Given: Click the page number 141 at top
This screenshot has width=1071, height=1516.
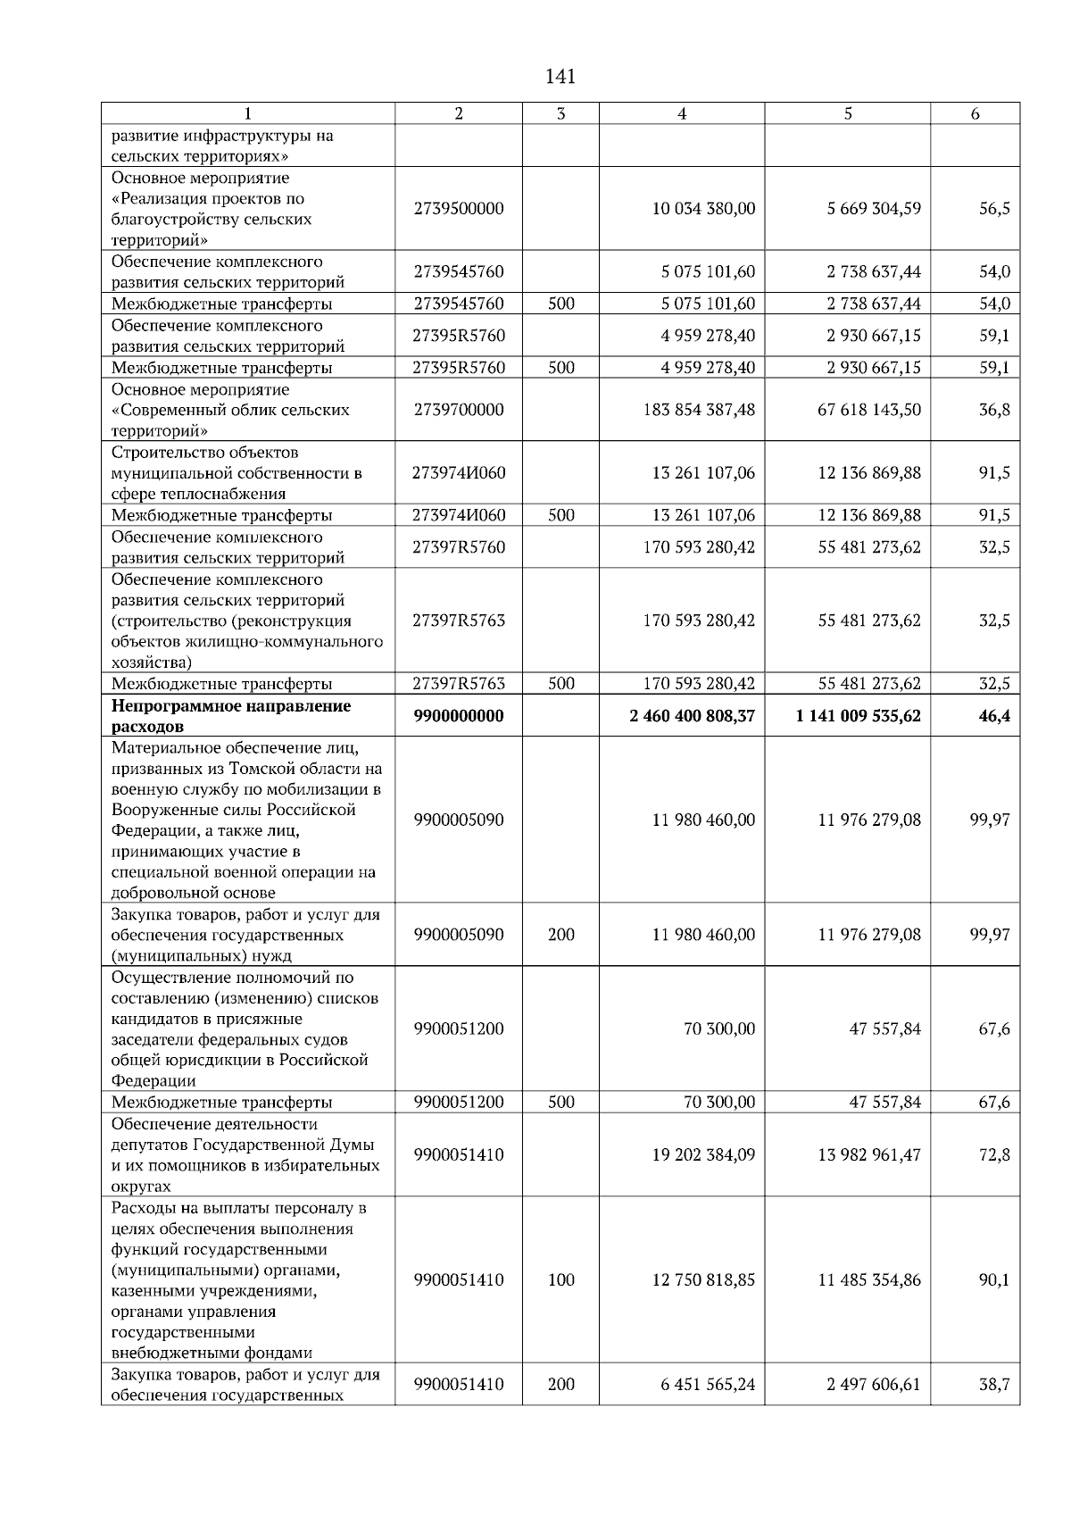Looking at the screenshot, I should pyautogui.click(x=560, y=77).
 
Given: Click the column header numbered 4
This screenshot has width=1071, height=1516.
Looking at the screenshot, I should pyautogui.click(x=682, y=113).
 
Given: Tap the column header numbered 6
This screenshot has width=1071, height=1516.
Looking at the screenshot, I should pyautogui.click(x=975, y=113).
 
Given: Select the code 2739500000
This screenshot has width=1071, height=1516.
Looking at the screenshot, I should pyautogui.click(x=459, y=208).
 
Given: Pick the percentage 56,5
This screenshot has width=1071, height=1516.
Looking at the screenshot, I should pyautogui.click(x=994, y=208).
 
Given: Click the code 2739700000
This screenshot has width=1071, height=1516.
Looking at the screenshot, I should pyautogui.click(x=459, y=410).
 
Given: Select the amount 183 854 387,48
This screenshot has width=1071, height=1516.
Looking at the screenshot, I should pyautogui.click(x=699, y=410).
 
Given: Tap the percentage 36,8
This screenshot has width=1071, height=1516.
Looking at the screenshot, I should pyautogui.click(x=994, y=410).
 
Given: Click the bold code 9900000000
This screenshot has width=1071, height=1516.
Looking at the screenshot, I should pyautogui.click(x=459, y=716).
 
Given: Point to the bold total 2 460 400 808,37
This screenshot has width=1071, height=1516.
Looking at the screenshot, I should pyautogui.click(x=692, y=716).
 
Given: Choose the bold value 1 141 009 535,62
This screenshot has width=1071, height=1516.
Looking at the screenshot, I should pyautogui.click(x=859, y=716).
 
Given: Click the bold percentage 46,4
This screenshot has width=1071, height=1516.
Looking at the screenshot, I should pyautogui.click(x=994, y=716).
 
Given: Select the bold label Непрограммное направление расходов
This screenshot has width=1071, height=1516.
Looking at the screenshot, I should pyautogui.click(x=231, y=716).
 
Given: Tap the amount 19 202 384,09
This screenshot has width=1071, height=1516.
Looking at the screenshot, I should pyautogui.click(x=703, y=1154).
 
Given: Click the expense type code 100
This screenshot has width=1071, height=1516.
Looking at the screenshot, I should pyautogui.click(x=560, y=1279).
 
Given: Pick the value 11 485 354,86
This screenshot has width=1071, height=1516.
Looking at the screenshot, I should pyautogui.click(x=869, y=1279).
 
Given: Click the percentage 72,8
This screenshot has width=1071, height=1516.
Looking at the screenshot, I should pyautogui.click(x=994, y=1154).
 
